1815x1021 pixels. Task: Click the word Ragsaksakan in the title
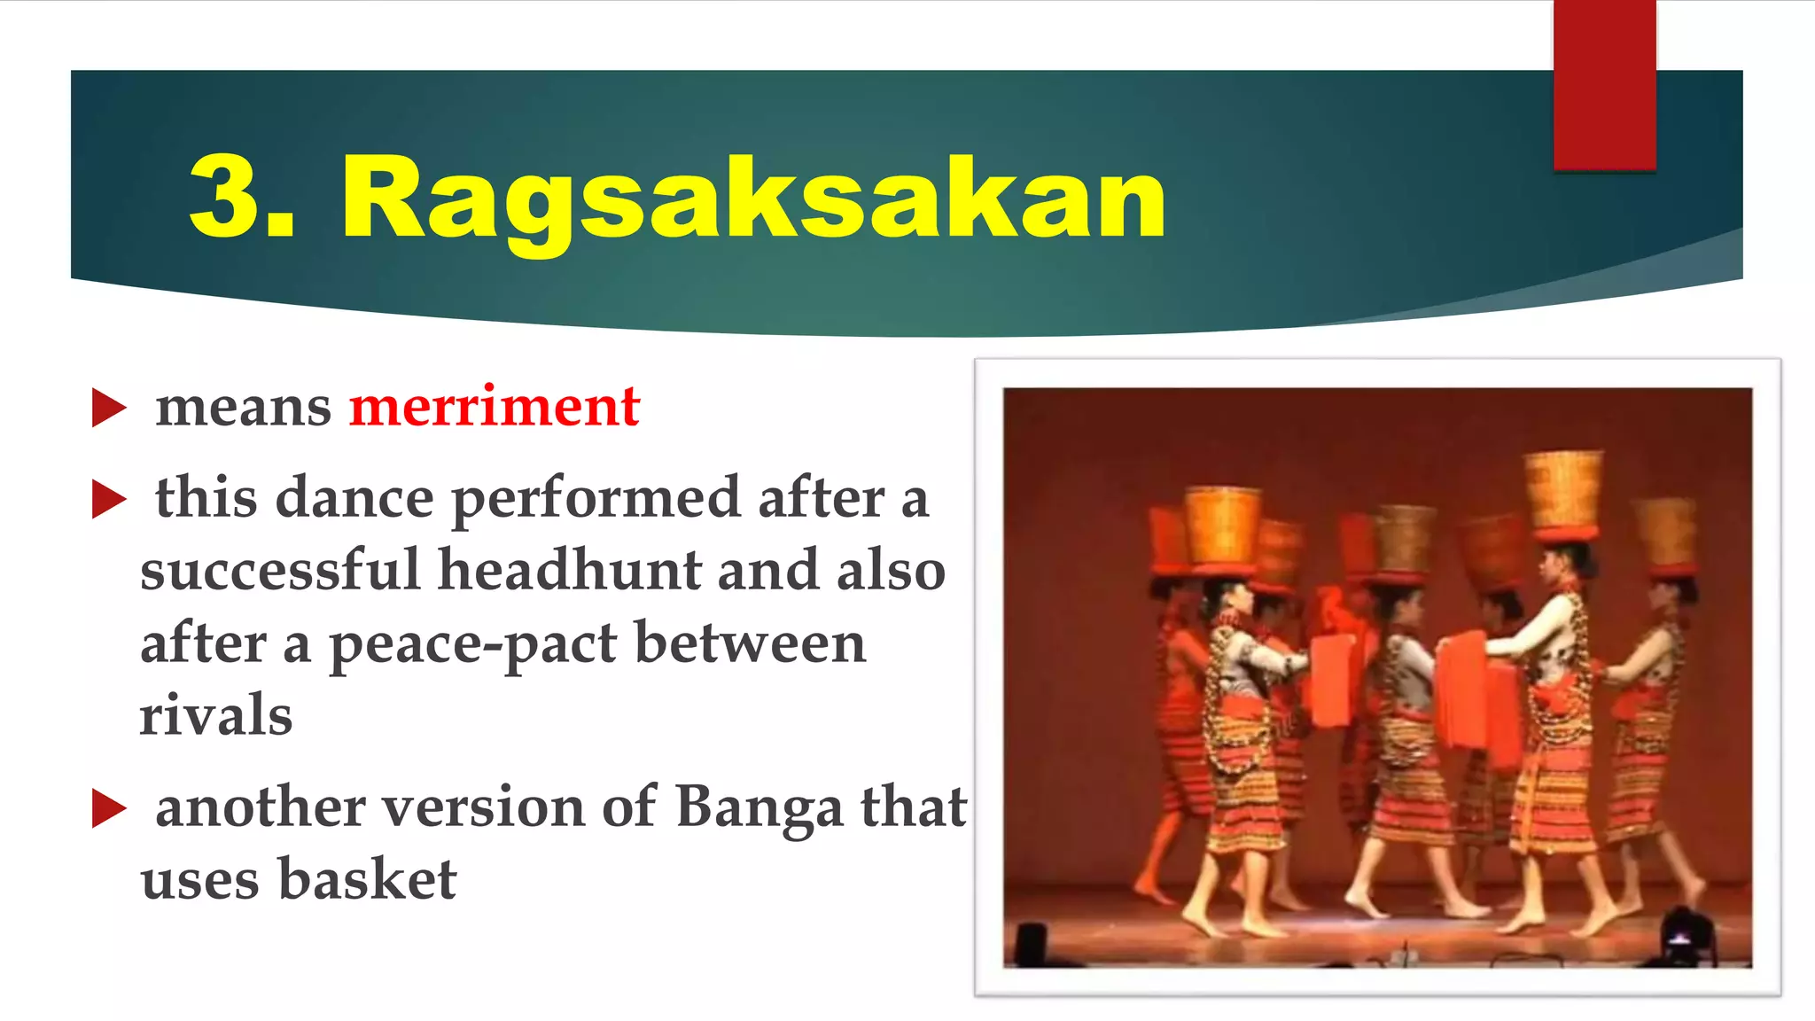[753, 199]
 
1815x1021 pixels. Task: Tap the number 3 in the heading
[229, 197]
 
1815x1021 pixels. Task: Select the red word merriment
[494, 407]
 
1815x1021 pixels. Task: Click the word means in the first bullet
[243, 409]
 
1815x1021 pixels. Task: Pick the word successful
[279, 569]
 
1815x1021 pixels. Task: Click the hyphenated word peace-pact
[473, 644]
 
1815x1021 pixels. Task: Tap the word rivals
[215, 715]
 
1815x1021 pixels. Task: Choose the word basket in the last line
[368, 879]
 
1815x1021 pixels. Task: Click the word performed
[596, 499]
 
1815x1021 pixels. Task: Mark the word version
[482, 807]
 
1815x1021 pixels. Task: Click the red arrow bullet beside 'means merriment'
[109, 409]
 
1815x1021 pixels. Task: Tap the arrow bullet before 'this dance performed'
[109, 499]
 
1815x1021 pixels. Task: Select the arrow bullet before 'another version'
[109, 808]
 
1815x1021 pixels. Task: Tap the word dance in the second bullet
[354, 497]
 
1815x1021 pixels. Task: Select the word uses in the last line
[199, 879]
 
